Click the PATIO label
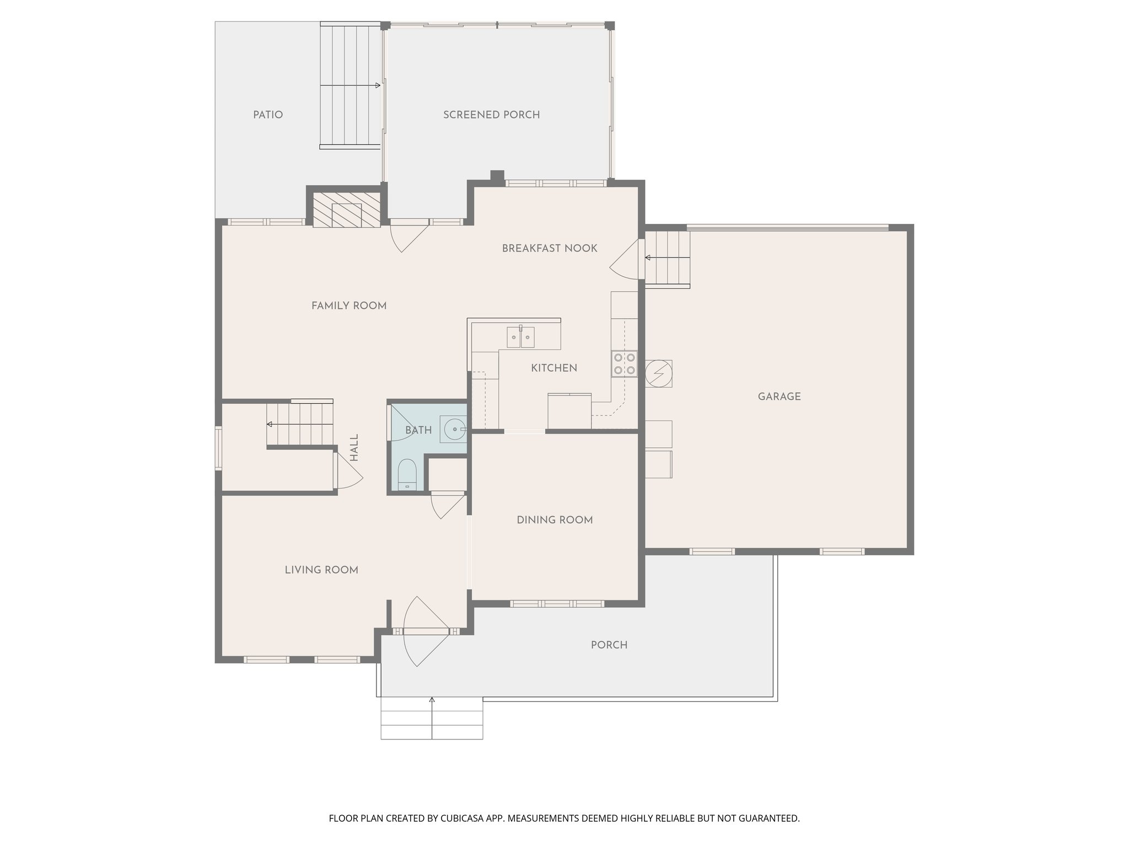click(x=268, y=115)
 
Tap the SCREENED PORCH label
click(x=491, y=115)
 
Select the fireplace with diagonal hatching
click(x=347, y=210)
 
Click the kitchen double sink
click(x=520, y=337)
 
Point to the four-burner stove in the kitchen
click(x=624, y=364)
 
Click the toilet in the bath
click(x=407, y=474)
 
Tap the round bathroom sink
click(x=454, y=428)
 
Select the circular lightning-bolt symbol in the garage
click(x=658, y=374)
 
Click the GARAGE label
click(x=779, y=396)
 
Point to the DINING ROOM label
click(x=555, y=520)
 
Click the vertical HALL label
click(x=354, y=448)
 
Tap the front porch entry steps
click(x=432, y=718)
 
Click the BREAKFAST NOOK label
click(x=549, y=249)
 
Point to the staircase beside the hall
click(x=300, y=424)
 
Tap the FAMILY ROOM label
click(x=348, y=305)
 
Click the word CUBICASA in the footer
click(x=464, y=818)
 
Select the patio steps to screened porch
click(x=350, y=86)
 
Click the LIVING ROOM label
click(x=321, y=570)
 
